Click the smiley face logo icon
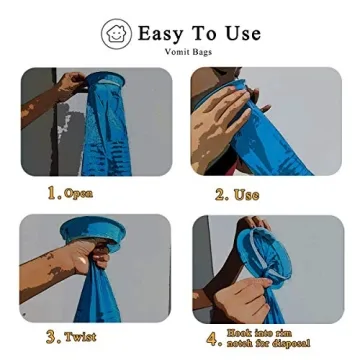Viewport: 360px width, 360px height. click(116, 34)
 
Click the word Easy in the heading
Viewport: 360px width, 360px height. click(160, 33)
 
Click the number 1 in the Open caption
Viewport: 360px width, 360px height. click(53, 193)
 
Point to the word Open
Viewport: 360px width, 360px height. click(78, 194)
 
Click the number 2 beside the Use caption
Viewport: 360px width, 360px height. click(220, 195)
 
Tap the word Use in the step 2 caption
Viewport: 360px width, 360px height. click(246, 195)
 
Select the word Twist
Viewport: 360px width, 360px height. click(81, 339)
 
